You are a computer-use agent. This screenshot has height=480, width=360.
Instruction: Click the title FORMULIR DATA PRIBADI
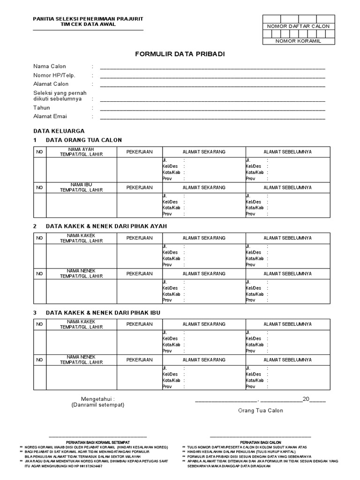(180, 54)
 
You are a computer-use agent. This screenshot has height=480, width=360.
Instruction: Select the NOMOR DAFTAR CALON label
(298, 26)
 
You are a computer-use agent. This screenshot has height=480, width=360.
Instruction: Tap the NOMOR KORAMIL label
(298, 41)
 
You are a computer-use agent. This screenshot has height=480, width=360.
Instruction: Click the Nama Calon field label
(49, 67)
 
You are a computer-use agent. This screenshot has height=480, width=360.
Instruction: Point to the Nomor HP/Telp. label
(54, 75)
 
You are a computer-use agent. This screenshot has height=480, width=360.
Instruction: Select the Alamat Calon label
(51, 84)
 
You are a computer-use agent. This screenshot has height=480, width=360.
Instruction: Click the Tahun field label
(41, 108)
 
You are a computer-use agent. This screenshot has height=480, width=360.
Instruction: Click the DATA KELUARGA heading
(59, 131)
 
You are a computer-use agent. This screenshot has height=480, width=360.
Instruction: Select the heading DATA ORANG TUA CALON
(83, 140)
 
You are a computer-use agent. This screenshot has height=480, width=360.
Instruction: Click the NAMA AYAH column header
(81, 150)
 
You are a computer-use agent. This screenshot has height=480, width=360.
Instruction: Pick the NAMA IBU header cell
(81, 185)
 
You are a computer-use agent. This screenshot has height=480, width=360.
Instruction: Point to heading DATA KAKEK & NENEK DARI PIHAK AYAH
(106, 226)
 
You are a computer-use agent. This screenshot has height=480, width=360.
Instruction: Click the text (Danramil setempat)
(98, 405)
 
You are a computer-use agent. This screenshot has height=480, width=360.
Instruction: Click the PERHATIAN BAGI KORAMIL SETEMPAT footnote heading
(97, 442)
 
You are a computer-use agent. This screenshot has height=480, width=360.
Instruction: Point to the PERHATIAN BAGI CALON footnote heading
(260, 442)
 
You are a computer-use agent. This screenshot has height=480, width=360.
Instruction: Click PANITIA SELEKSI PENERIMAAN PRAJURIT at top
(88, 18)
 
